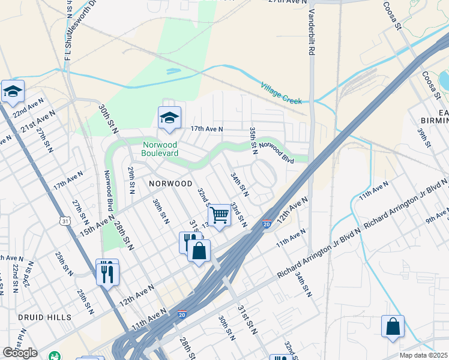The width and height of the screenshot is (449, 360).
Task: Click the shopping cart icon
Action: point(220,214)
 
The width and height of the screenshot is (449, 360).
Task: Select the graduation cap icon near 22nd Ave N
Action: point(13,91)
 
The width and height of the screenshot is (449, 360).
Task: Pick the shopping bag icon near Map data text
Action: point(393,326)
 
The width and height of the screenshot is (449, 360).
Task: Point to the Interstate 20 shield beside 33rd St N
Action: point(267,224)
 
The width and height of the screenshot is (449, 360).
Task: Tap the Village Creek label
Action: point(281,94)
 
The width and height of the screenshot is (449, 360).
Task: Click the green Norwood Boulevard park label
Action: point(160,149)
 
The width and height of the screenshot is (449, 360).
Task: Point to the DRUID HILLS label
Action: point(44,317)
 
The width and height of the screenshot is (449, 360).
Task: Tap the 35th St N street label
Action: point(254,138)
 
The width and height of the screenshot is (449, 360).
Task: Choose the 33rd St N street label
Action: point(239,214)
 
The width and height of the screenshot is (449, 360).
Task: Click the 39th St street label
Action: point(424,137)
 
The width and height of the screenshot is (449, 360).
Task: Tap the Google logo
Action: point(20,353)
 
